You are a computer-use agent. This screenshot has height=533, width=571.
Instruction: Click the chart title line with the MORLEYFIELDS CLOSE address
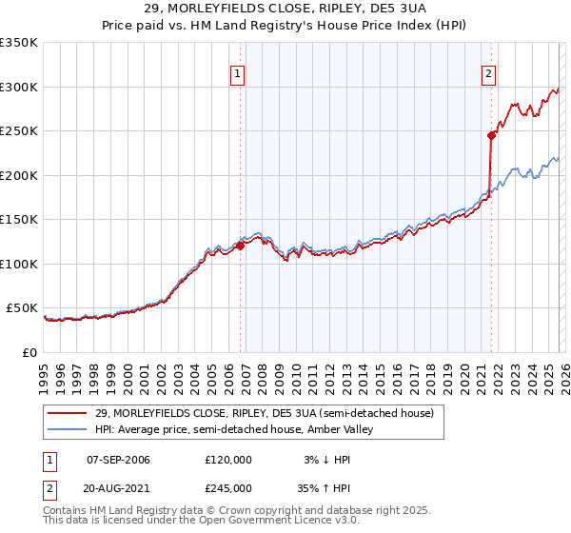click(x=285, y=9)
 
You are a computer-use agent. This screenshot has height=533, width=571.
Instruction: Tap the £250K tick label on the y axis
click(x=19, y=131)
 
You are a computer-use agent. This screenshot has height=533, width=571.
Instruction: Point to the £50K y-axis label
click(x=22, y=308)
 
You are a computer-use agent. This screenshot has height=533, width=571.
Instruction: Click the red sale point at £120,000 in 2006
click(x=240, y=246)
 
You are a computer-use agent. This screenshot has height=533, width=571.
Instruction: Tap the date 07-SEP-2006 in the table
click(x=118, y=460)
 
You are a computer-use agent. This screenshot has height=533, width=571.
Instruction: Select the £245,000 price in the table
click(x=228, y=487)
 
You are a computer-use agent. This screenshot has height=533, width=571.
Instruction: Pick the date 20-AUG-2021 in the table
click(x=118, y=487)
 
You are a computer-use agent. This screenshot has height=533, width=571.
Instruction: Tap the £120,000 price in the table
click(x=228, y=460)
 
